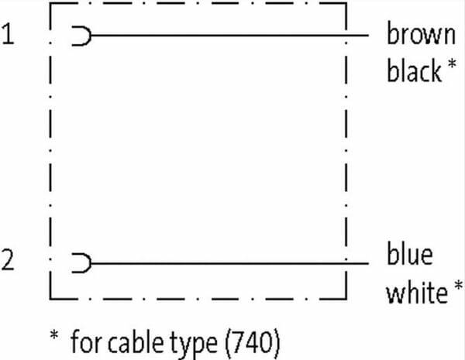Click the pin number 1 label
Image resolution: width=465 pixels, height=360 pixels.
(7, 35)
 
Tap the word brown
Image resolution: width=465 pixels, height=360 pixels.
(421, 35)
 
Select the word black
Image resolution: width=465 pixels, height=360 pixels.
(415, 71)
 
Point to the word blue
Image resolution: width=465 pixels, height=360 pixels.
(410, 255)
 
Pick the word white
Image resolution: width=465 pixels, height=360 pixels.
(416, 293)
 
